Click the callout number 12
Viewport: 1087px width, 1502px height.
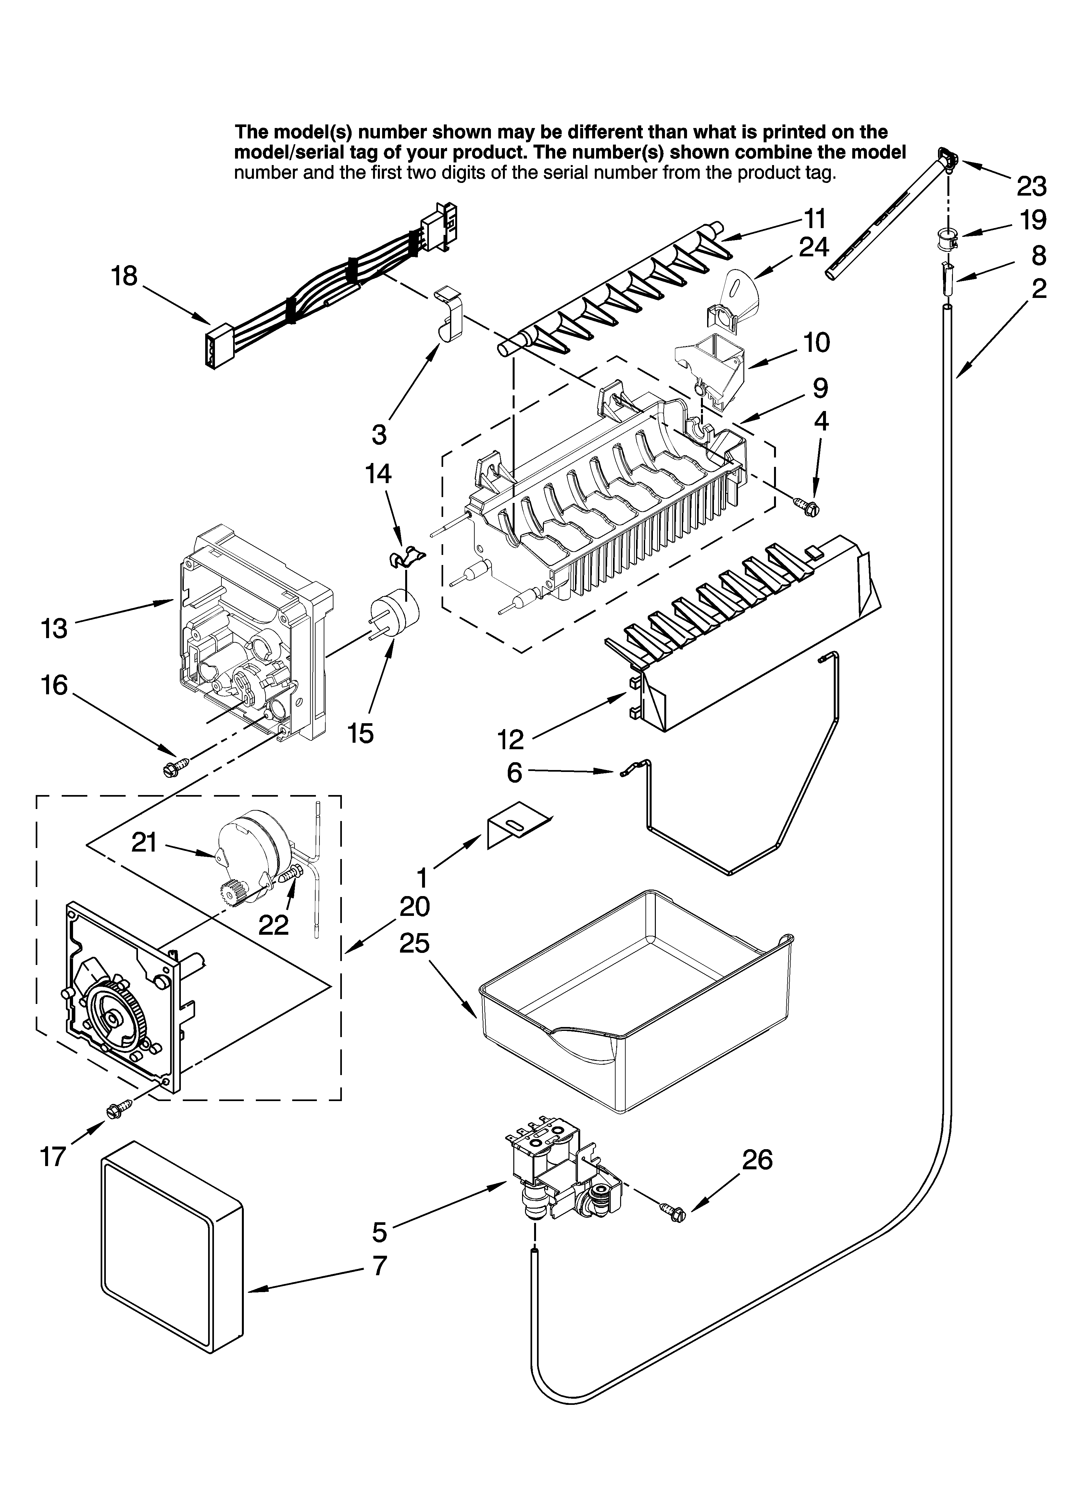click(510, 739)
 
